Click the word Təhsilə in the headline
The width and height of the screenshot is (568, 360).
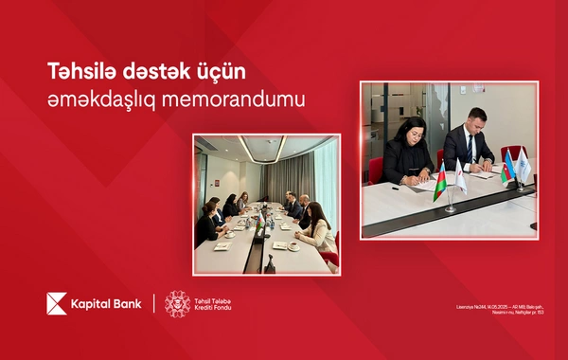click(77, 72)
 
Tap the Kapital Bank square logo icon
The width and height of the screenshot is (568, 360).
click(56, 302)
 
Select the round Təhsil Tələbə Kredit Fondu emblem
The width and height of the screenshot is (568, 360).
click(178, 303)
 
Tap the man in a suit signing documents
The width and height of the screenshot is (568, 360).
click(470, 142)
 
